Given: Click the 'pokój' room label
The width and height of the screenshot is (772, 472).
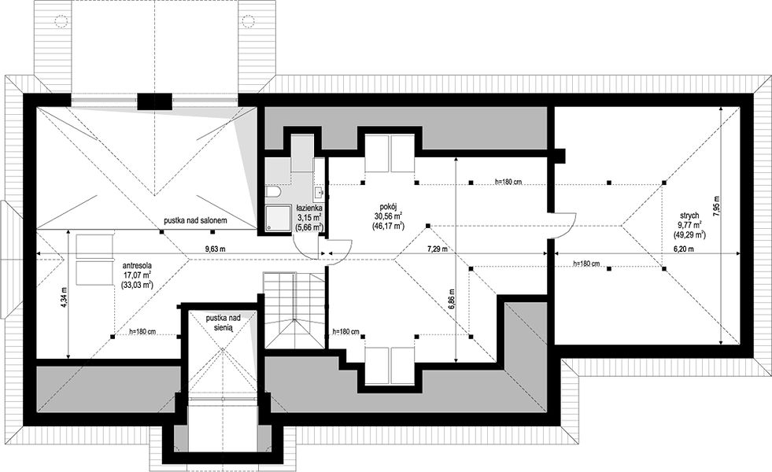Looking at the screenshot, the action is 389,208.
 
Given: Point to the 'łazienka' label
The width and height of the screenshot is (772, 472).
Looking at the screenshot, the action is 309,209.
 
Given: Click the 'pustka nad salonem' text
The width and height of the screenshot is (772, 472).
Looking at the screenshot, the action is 195,221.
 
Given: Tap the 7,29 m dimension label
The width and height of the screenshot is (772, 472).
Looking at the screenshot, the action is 438,249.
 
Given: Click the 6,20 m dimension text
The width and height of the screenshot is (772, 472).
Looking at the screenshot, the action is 684,249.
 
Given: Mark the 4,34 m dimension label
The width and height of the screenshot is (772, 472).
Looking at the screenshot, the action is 62,298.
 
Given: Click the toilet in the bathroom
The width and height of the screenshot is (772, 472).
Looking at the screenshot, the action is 273,192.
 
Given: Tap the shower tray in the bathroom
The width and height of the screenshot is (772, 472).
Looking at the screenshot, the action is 278,219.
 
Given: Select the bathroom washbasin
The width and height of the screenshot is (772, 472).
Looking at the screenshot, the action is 319,192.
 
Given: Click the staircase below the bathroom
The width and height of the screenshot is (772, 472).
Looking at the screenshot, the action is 294,310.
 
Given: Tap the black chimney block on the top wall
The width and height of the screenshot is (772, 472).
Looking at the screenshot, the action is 154,101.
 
